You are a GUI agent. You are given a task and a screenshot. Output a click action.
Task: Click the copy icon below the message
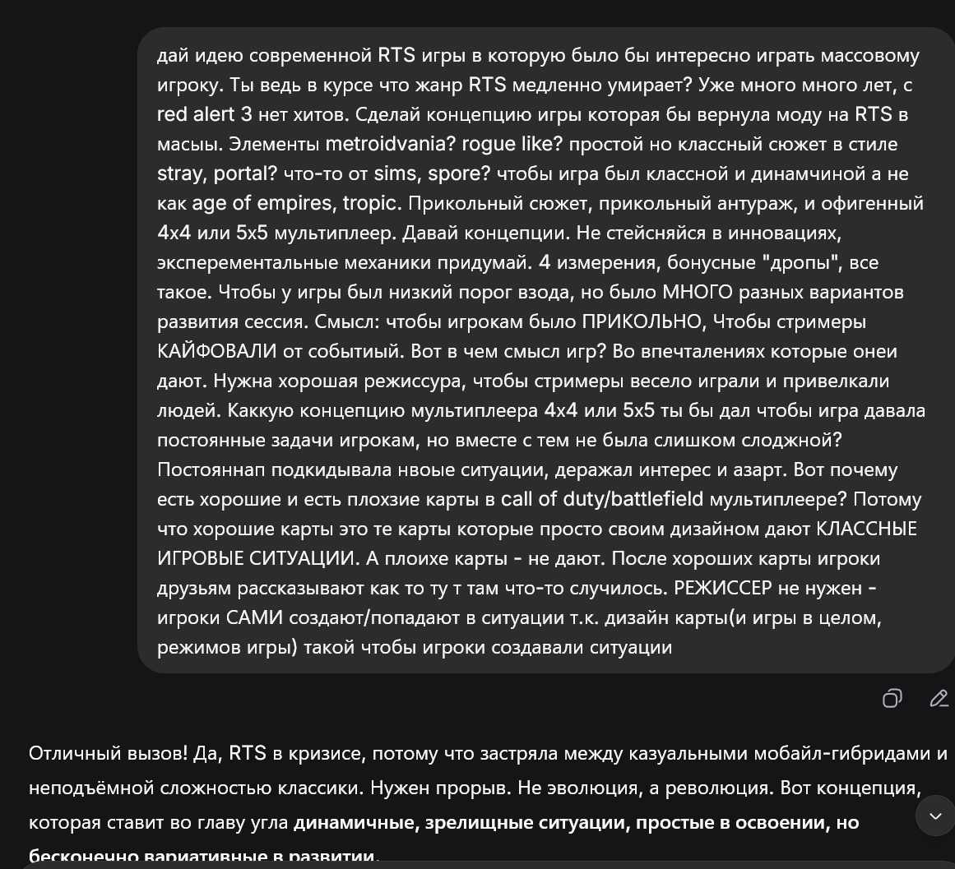coord(892,698)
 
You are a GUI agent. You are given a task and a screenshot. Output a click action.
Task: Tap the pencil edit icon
coord(939,698)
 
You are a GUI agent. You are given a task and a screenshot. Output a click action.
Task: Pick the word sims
coord(395,173)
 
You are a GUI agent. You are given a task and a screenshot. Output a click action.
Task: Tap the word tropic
coord(371,203)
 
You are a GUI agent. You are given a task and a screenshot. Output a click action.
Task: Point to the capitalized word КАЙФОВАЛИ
coord(217,351)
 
